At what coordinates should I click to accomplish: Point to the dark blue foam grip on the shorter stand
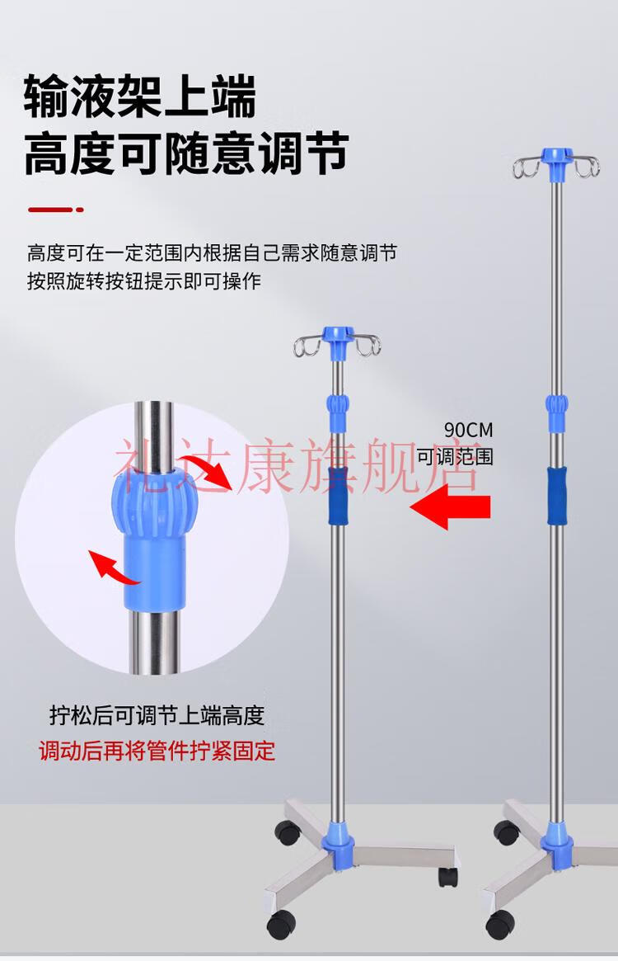click(337, 495)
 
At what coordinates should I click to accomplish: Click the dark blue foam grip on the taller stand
click(556, 493)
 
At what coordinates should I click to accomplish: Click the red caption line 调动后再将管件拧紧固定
click(157, 751)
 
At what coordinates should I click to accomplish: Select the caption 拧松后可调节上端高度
click(157, 715)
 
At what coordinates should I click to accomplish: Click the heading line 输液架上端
click(140, 97)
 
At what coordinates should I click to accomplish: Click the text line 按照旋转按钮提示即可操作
click(143, 280)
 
